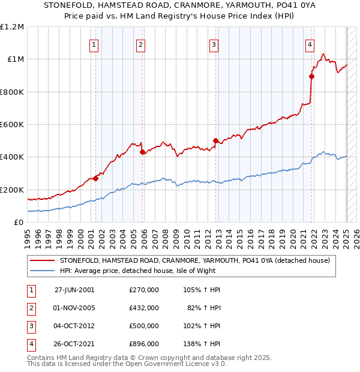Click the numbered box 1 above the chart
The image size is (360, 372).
pos(95,44)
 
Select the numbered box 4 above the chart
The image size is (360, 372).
pos(310,44)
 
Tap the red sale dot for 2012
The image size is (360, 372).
pos(215,140)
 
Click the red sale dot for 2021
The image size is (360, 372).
pos(311,76)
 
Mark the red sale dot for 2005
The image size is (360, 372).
pos(142,152)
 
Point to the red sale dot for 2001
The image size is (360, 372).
pos(96,178)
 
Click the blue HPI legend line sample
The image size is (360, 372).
pos(42,271)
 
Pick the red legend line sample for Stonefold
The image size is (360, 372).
pos(42,260)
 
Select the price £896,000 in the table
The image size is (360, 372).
pos(144,344)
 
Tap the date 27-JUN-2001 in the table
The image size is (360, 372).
pos(74,290)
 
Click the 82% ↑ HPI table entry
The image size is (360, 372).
pos(204,308)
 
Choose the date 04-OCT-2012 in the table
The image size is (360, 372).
pos(74,326)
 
